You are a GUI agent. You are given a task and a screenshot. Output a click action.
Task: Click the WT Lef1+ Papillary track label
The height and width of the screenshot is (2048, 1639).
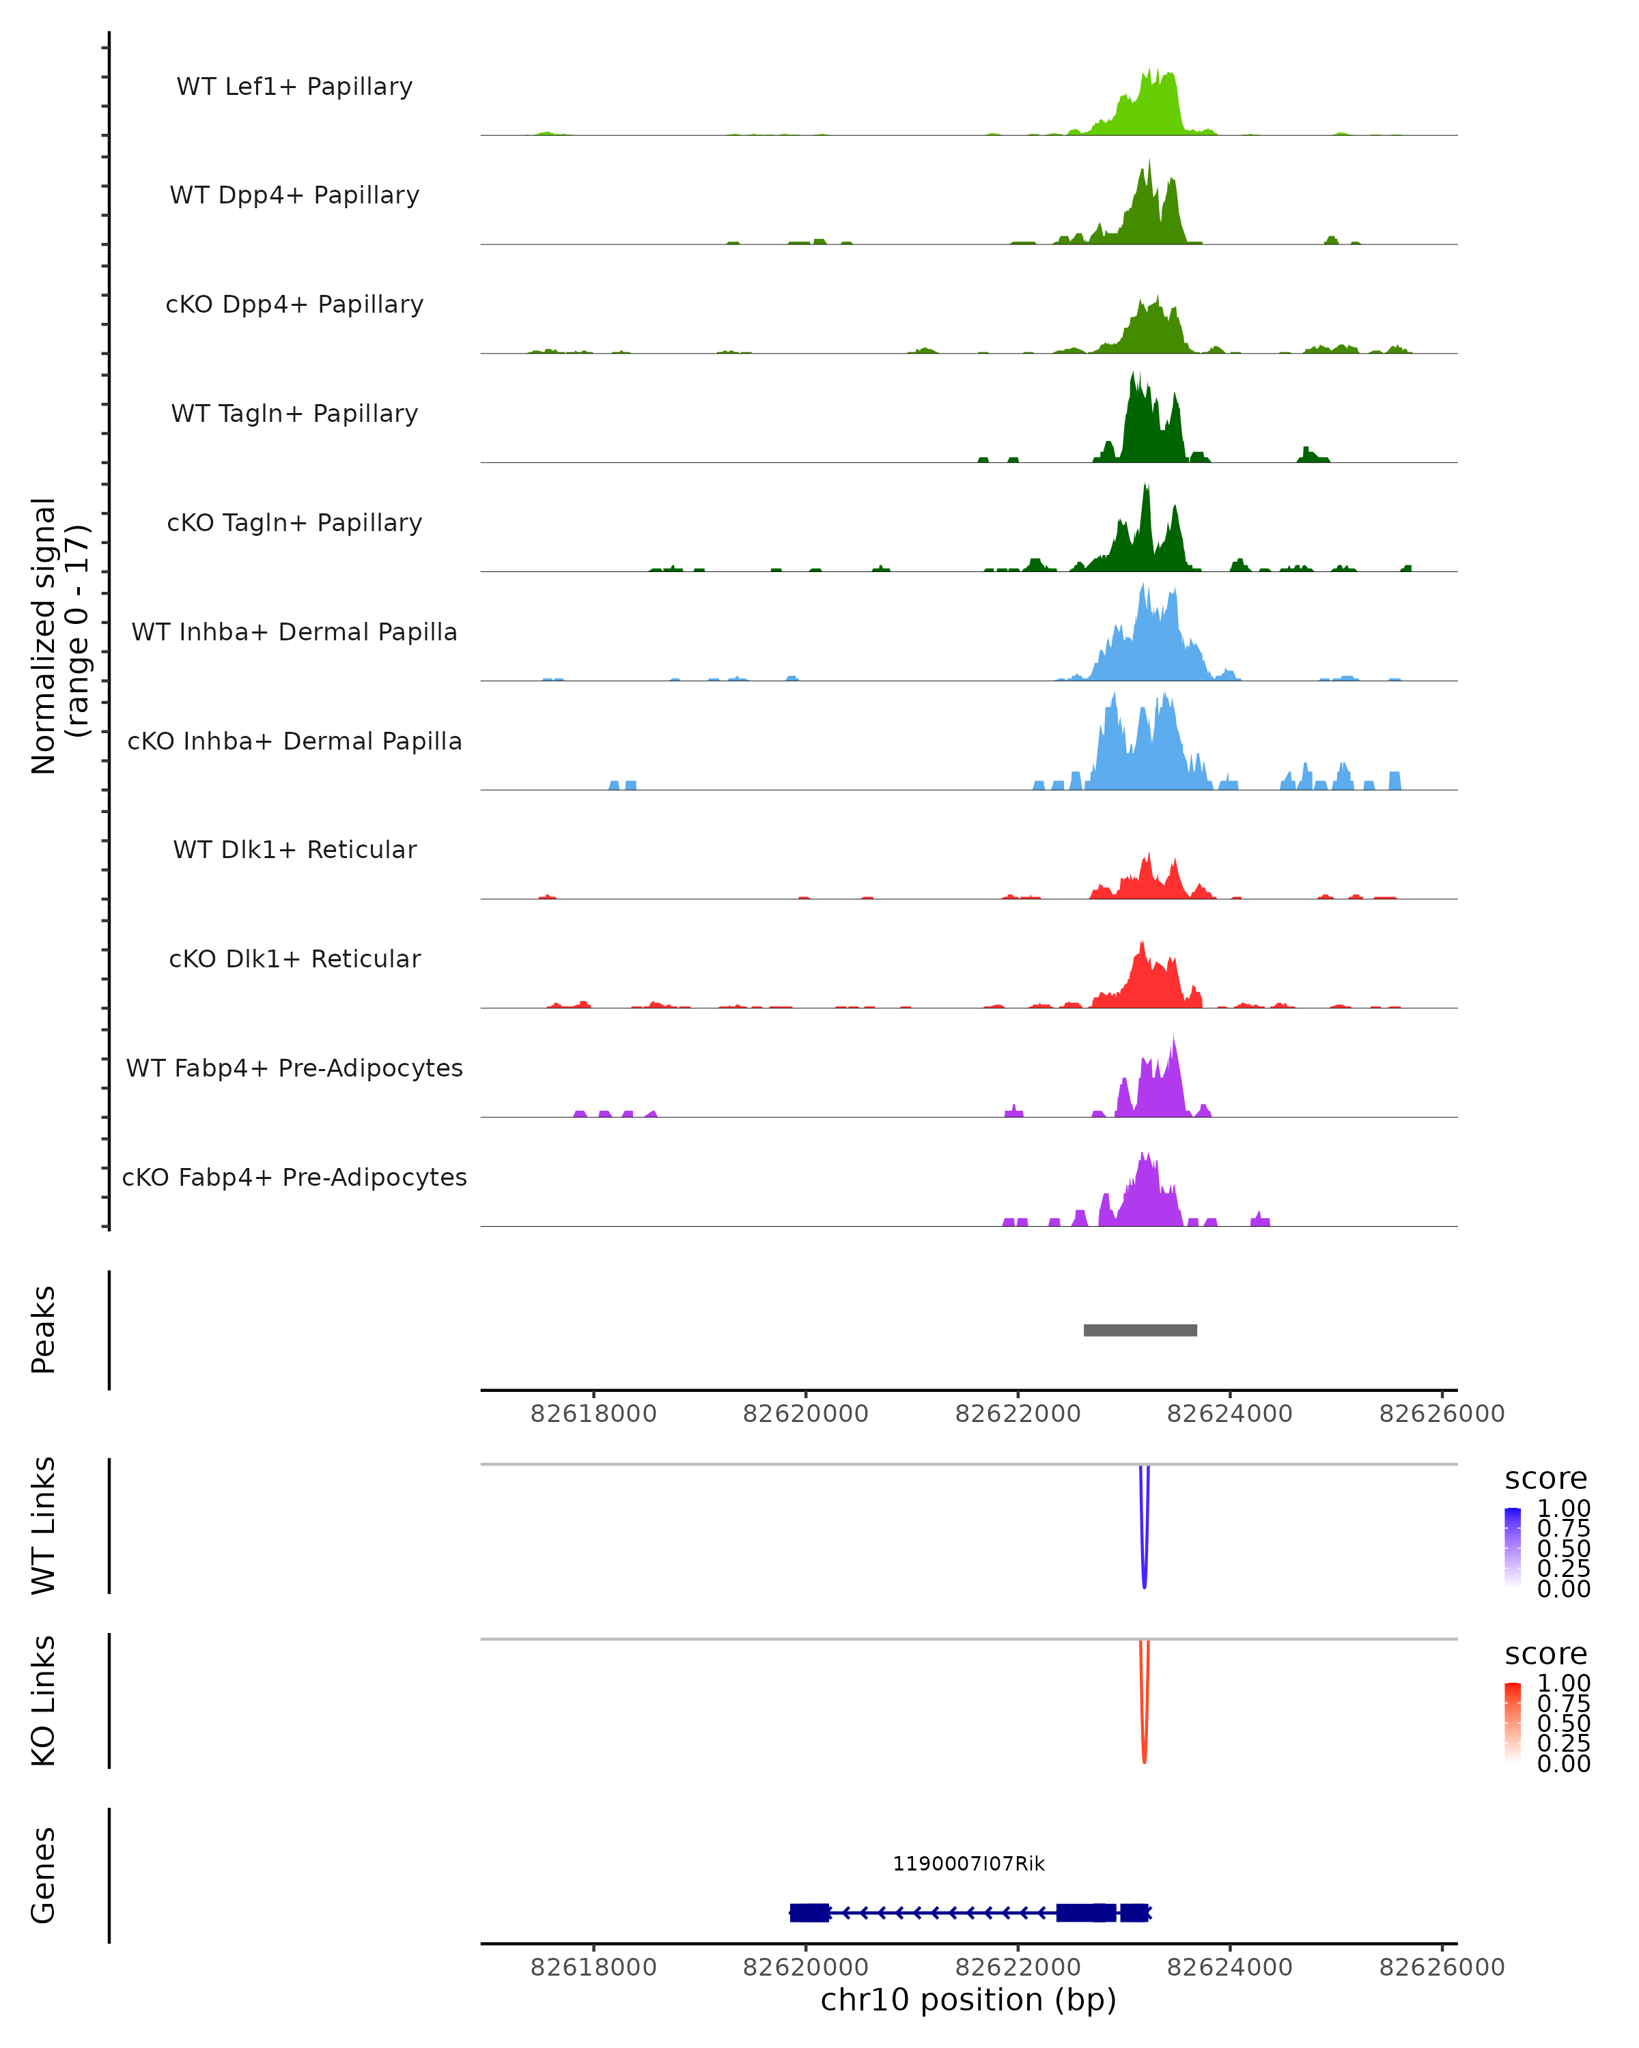[294, 87]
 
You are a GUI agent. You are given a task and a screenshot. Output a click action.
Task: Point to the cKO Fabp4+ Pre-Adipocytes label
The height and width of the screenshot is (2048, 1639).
[294, 1177]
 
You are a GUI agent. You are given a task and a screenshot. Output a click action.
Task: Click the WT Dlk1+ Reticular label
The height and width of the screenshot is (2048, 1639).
[294, 849]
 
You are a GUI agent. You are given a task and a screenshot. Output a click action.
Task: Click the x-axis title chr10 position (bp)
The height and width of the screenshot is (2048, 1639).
[968, 2000]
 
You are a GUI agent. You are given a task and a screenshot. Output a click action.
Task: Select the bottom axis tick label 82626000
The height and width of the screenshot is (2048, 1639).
[1442, 1967]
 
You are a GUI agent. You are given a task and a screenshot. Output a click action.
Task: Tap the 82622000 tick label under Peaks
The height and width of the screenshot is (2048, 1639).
[1018, 1414]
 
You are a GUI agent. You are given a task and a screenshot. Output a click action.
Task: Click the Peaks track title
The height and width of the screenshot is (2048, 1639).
[43, 1330]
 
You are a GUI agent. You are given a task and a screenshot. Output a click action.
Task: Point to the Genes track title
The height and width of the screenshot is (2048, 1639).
[43, 1875]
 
